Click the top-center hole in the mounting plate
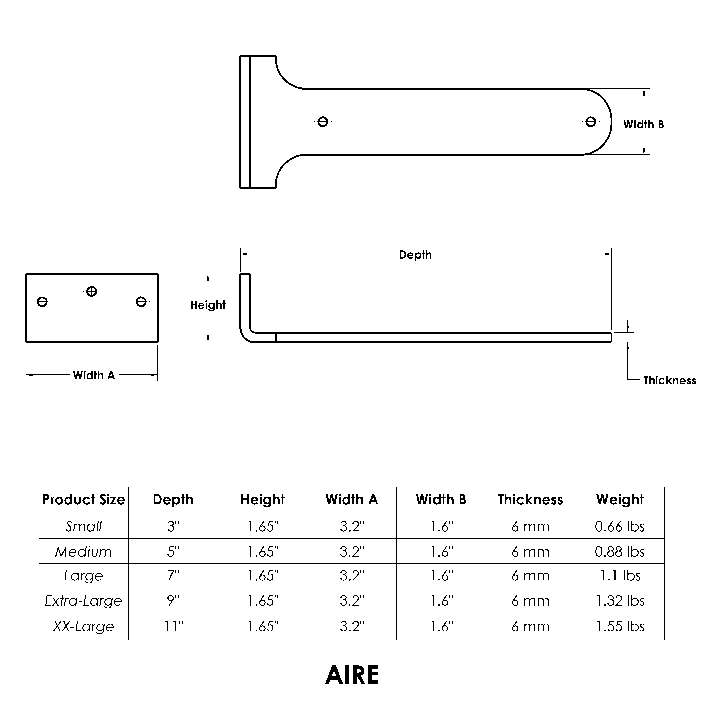92,291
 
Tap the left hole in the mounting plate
42,302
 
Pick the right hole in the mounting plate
141,302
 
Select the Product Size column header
84,500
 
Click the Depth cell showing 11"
173,626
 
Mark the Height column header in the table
262,500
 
